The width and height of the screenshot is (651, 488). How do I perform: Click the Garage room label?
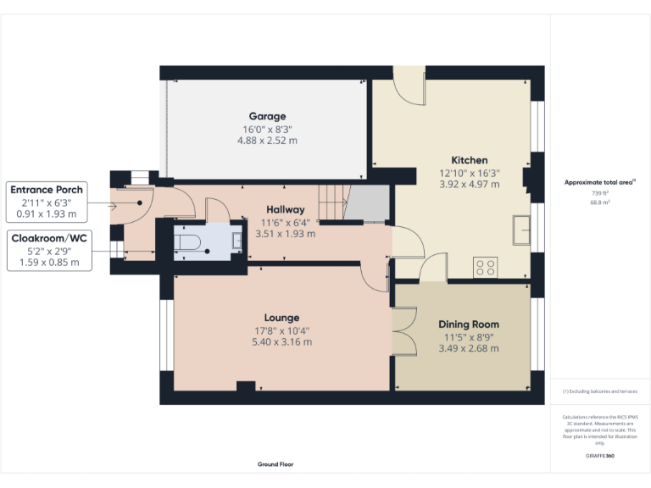pyautogui.click(x=267, y=116)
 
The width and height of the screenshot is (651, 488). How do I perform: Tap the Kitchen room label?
pyautogui.click(x=469, y=160)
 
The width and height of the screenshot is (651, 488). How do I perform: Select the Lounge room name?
pyautogui.click(x=283, y=318)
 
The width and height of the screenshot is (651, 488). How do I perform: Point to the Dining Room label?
pyautogui.click(x=468, y=324)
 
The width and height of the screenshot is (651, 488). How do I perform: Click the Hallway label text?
pyautogui.click(x=285, y=209)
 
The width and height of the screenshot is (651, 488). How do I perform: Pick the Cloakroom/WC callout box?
pyautogui.click(x=49, y=250)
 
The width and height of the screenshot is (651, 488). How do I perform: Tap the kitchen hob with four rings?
pyautogui.click(x=486, y=268)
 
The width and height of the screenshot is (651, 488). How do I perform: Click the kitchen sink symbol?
pyautogui.click(x=520, y=229)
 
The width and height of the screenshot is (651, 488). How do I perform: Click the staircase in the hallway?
pyautogui.click(x=334, y=202)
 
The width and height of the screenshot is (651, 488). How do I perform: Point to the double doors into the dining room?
pyautogui.click(x=403, y=330)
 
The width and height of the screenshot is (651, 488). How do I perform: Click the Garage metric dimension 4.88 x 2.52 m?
pyautogui.click(x=267, y=141)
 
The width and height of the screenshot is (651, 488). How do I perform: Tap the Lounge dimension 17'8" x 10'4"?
pyautogui.click(x=283, y=331)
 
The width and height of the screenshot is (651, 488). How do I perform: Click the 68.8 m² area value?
pyautogui.click(x=600, y=202)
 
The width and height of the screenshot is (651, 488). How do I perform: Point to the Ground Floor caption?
pyautogui.click(x=275, y=464)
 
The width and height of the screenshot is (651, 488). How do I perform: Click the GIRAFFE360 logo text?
pyautogui.click(x=600, y=456)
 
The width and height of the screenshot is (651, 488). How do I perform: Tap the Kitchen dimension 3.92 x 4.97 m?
pyautogui.click(x=469, y=184)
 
